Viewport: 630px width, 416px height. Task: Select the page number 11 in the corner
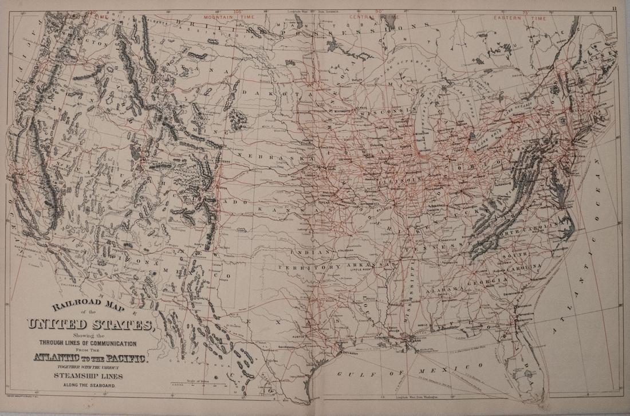pos(613,7)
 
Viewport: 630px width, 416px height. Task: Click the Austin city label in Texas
pos(302,338)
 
